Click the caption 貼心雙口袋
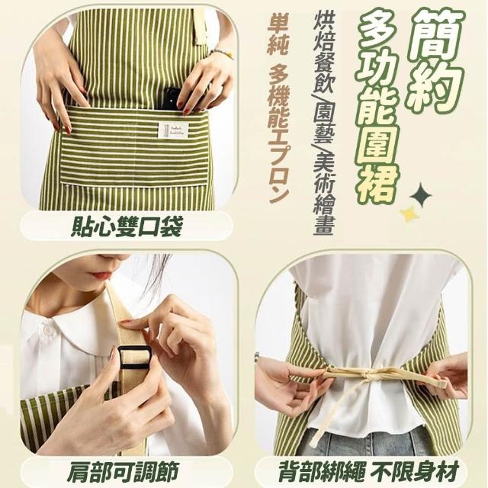(x=126, y=226)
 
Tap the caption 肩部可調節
(x=124, y=471)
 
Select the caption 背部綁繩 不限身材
(x=369, y=471)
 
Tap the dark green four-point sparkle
(x=421, y=195)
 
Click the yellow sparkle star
(x=409, y=214)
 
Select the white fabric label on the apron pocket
(x=173, y=130)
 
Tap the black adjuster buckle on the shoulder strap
(x=133, y=357)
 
